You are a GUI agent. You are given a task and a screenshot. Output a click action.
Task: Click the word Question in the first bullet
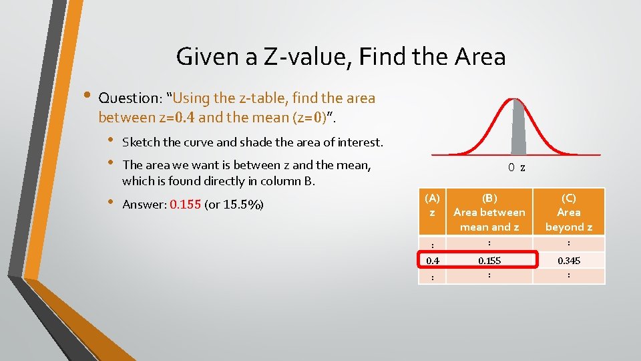coord(130,98)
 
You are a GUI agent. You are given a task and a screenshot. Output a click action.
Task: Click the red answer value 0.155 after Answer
coord(186,205)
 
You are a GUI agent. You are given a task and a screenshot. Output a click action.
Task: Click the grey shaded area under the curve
coord(517,130)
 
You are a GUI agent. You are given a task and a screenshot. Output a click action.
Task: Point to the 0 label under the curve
coord(511,168)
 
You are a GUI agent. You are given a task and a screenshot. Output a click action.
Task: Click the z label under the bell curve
coord(523,168)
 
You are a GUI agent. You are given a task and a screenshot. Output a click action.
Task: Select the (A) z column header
coord(432,205)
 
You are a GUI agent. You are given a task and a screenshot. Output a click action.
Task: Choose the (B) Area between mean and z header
coord(489,212)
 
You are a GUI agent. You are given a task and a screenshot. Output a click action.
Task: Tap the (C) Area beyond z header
coord(568,212)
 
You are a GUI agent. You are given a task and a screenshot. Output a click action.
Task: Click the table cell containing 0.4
coord(432,260)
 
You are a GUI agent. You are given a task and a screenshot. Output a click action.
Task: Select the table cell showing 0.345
coord(568,260)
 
